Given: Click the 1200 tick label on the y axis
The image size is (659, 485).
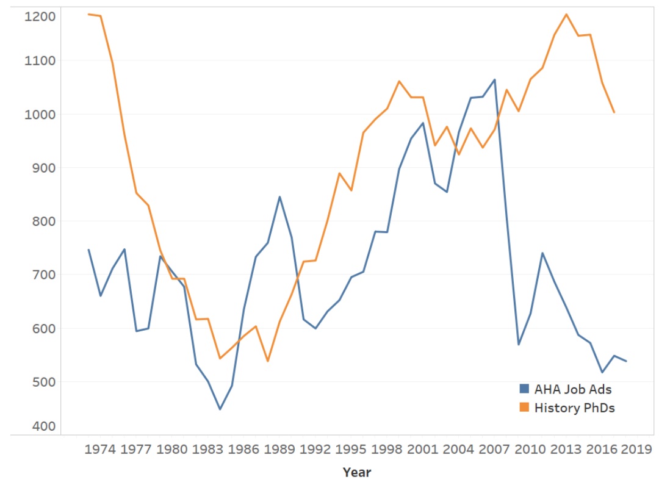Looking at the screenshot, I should coord(40,16).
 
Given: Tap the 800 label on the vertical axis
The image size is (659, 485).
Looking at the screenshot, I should coord(43,221).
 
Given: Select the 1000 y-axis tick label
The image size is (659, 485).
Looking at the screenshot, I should coord(40,114).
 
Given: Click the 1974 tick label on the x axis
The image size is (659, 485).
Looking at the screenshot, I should coord(100,450).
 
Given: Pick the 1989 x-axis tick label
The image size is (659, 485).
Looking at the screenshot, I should coord(279,450).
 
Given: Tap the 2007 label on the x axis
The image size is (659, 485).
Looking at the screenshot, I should coord(494,450).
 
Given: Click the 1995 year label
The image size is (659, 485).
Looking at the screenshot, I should coord(351,450).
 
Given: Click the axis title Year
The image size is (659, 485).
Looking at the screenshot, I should coord(356,472).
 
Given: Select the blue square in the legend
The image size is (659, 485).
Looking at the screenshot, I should coord(524,389).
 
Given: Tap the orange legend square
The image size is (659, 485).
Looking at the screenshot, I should coord(524,408).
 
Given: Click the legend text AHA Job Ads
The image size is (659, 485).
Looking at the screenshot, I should coord(572,389).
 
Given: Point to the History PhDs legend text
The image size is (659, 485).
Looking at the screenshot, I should coord(574,408).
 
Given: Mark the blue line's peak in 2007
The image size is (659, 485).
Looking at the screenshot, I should coord(494,79).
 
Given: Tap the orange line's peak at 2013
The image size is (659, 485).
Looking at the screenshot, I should coord(566,14).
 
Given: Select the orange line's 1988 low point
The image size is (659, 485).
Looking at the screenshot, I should coord(267,361).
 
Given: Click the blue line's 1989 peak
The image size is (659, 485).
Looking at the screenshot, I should coord(279,196).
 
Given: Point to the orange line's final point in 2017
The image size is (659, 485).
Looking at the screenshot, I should coord(614,112).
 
